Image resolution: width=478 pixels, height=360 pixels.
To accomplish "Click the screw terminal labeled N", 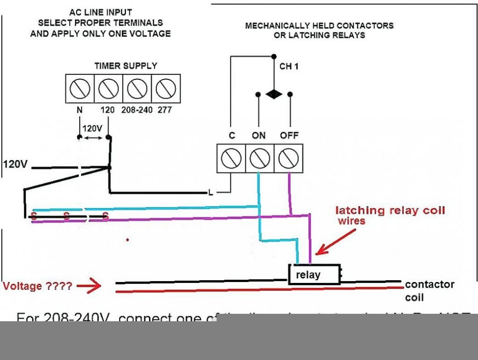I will coord(80,88).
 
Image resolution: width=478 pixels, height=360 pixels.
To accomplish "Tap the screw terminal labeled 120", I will coord(108,88).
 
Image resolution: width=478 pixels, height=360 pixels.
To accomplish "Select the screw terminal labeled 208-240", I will coord(137,88).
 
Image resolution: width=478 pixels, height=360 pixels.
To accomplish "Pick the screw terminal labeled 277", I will coord(166,88).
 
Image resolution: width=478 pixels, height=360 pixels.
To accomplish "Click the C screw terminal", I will coord(231,159).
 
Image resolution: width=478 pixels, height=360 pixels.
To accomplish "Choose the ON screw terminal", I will coord(260,159).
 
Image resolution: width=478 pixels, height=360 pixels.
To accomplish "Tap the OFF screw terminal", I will coord(288,159).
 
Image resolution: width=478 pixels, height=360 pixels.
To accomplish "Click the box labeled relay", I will coord(314,274).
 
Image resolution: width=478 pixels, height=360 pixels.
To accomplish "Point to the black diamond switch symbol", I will coord(274,94).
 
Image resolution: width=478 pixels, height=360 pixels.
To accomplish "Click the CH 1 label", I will coord(289,67).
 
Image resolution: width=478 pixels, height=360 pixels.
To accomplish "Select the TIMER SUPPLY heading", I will coord(126,66).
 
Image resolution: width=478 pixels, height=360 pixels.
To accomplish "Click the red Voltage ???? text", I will coord(37,286).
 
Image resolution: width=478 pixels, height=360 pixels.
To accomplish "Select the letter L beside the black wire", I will coord(211,192).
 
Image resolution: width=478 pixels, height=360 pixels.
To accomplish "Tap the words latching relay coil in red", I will coord(390,211).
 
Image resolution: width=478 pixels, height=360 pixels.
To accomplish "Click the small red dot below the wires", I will coord(127,240).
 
